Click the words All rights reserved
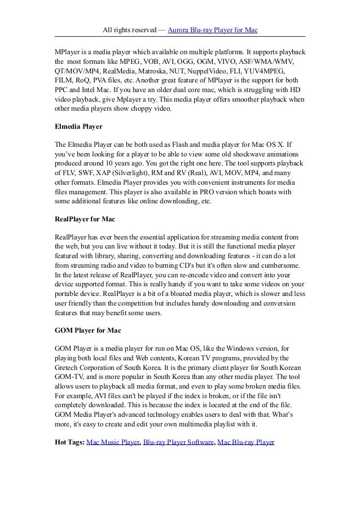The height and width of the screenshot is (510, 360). [128, 29]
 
